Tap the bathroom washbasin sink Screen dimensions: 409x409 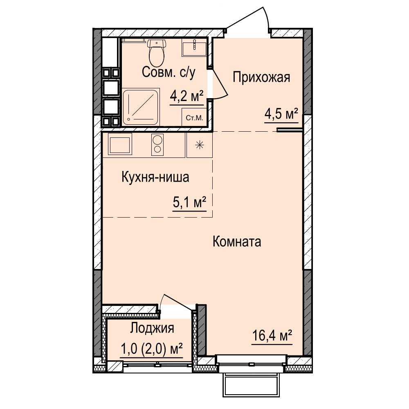click(194, 48)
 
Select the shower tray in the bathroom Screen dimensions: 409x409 click(141, 107)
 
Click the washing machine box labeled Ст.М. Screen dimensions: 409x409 click(194, 117)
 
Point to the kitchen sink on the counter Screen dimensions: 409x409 click(120, 145)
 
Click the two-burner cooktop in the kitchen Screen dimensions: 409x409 click(157, 145)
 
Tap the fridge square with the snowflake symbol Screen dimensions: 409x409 click(200, 145)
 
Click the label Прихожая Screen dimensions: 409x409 click(261, 77)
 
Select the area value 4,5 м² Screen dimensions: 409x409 click(281, 114)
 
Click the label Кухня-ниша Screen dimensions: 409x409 click(155, 178)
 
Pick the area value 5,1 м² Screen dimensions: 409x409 click(190, 202)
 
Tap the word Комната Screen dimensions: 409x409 click(237, 242)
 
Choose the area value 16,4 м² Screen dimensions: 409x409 click(272, 336)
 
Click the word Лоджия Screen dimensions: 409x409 click(152, 328)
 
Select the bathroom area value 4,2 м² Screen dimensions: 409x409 click(187, 97)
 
